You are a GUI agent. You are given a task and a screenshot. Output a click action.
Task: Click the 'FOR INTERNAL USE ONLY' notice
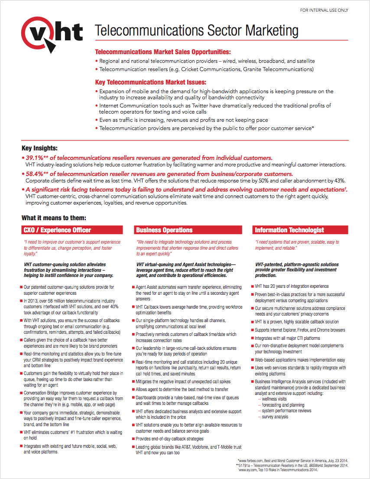(x=324, y=10)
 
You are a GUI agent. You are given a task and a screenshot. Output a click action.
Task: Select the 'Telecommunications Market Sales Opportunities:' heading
(x=162, y=52)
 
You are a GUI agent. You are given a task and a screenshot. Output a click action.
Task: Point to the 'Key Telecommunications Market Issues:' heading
(x=150, y=82)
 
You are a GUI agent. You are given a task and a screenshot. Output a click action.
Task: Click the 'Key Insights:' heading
(x=39, y=148)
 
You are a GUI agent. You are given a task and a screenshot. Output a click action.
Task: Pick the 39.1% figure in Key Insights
(x=36, y=158)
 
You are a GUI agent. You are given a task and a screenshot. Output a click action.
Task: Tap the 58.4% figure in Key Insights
(x=36, y=174)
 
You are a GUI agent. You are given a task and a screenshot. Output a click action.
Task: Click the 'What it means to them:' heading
(x=54, y=218)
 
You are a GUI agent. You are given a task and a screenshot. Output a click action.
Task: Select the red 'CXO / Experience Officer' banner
(x=70, y=230)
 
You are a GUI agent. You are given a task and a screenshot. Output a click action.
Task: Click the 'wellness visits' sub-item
(x=274, y=399)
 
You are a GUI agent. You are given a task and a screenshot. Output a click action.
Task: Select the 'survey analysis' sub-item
(x=275, y=417)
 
